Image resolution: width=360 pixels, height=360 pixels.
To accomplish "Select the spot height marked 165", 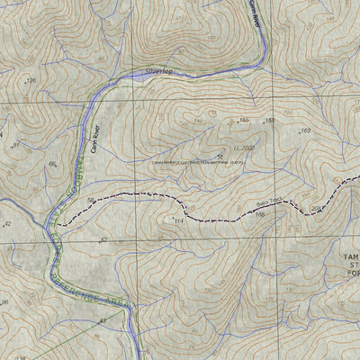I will (x=243, y=120).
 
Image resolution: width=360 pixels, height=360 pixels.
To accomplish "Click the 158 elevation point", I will (x=268, y=121).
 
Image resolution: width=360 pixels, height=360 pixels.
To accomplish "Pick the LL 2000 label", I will (x=244, y=147).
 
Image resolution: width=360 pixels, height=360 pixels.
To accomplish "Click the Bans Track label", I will (x=270, y=204).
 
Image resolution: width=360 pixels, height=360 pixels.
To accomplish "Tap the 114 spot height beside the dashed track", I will (x=178, y=220).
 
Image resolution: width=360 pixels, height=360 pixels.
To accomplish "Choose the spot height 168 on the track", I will (x=259, y=214).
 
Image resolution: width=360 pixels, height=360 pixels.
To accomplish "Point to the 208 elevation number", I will (x=316, y=209).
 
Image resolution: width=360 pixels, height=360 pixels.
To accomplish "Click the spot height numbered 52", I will (x=103, y=240).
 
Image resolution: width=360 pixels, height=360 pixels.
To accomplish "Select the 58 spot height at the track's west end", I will (x=91, y=200).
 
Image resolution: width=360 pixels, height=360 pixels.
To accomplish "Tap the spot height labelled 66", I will (x=53, y=164).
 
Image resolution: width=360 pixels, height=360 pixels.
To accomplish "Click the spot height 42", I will (x=7, y=223).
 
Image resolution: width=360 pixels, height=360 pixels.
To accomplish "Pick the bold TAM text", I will (x=349, y=256).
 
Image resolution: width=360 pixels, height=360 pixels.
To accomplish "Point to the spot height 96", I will (x=4, y=301).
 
